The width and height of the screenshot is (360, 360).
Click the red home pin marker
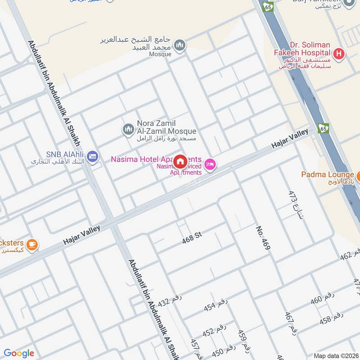coord(180,162)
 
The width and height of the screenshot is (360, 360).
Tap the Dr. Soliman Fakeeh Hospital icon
coord(340,55)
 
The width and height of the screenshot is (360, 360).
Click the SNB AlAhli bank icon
coord(92,156)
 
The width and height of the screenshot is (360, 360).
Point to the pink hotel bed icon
coord(210,164)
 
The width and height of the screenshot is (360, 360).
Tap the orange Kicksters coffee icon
coord(31,244)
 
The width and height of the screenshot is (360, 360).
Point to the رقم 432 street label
coord(169,301)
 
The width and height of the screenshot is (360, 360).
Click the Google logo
coord(19,353)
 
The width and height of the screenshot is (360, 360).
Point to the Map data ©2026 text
coord(335,355)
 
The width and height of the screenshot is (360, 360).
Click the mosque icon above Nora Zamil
coord(180,45)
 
